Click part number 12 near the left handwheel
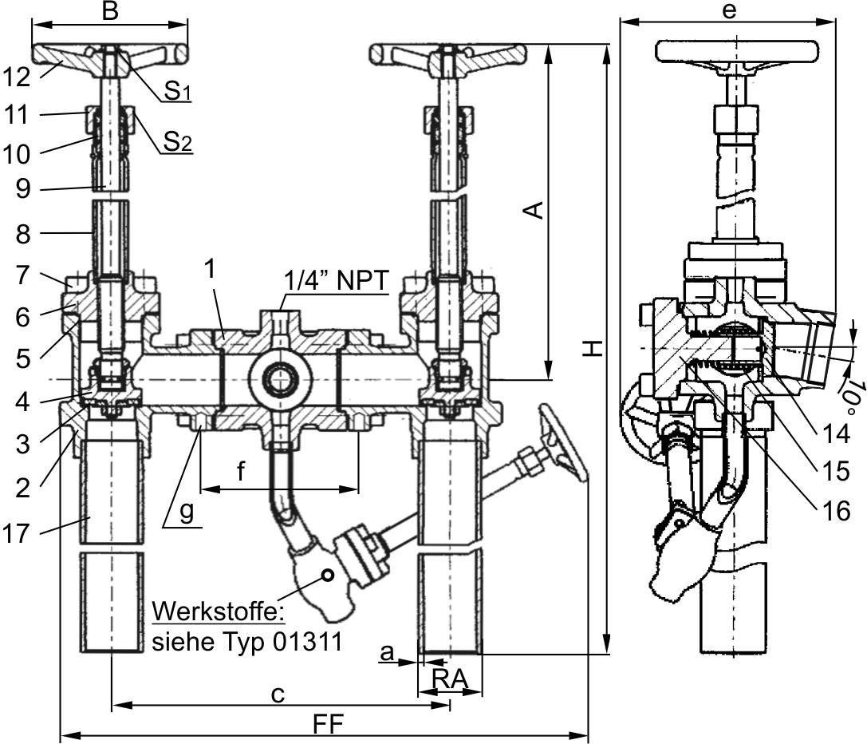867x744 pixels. pos(17,77)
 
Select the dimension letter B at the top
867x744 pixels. pos(111,11)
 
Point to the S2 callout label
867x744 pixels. pos(178,142)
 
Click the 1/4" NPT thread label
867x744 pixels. pos(337,280)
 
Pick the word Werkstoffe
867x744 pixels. pos(219,612)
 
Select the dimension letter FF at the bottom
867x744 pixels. pos(329,724)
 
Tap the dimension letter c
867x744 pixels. pos(278,695)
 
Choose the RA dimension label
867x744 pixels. pos(450,679)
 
